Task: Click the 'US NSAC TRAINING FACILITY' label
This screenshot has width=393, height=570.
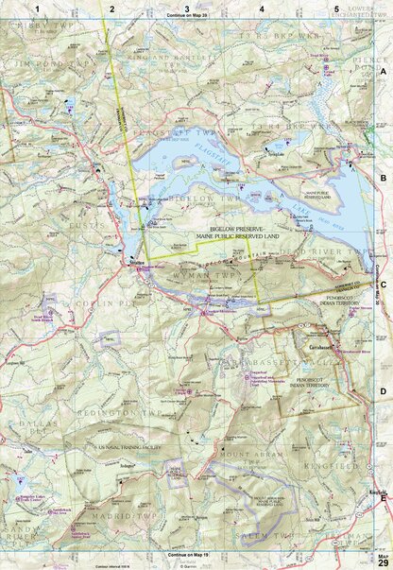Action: coord(127,445)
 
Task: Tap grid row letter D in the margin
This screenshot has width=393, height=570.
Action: coord(384,389)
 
